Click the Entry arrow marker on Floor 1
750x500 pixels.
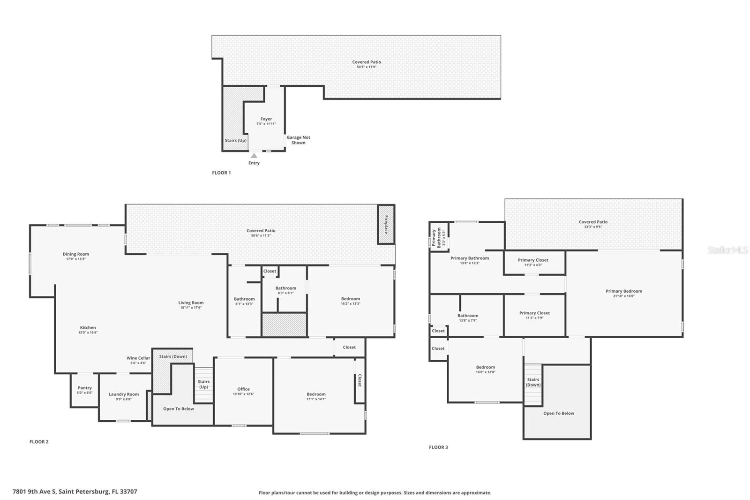click(x=254, y=155)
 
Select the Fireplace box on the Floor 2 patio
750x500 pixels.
click(x=386, y=225)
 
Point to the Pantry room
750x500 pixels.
click(x=85, y=390)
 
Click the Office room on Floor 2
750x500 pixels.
click(x=243, y=391)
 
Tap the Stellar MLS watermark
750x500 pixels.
click(x=727, y=250)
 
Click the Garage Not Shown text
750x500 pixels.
click(x=299, y=140)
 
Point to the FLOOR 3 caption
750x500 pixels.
click(x=438, y=447)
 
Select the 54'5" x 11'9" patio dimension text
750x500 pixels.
click(x=367, y=67)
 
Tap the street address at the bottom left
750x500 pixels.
click(x=75, y=492)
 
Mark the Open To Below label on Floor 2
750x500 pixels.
click(x=179, y=409)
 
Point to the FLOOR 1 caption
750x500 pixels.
click(x=221, y=173)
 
